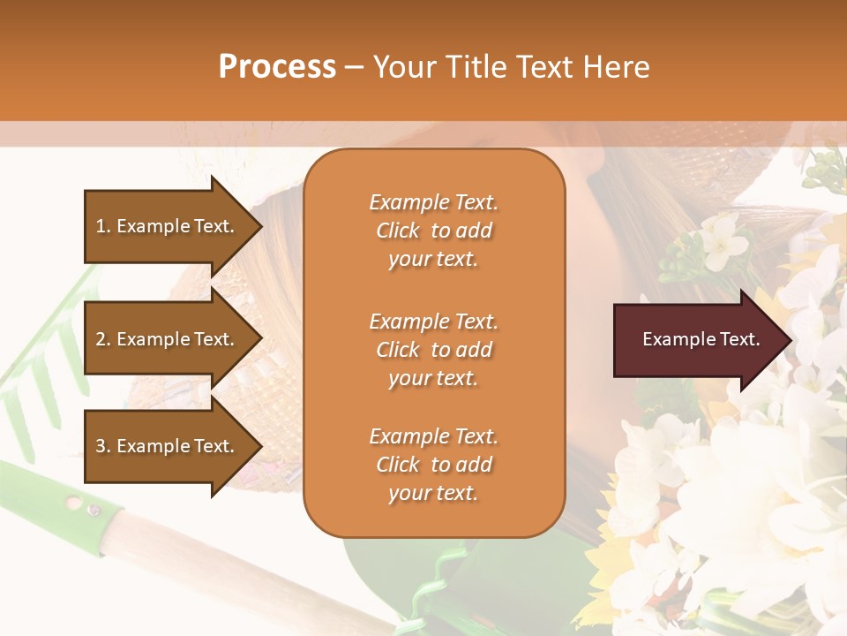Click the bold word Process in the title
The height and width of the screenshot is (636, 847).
[277, 67]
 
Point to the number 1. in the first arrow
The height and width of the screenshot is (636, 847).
[103, 226]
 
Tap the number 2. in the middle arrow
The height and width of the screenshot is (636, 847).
[103, 339]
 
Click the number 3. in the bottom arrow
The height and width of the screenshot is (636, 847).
[103, 446]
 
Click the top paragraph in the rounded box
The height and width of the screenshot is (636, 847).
[433, 231]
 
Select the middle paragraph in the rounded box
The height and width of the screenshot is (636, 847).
[433, 350]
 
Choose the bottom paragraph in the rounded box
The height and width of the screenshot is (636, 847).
[433, 465]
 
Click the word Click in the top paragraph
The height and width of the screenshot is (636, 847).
[398, 231]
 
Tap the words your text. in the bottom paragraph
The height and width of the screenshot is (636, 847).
[433, 493]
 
